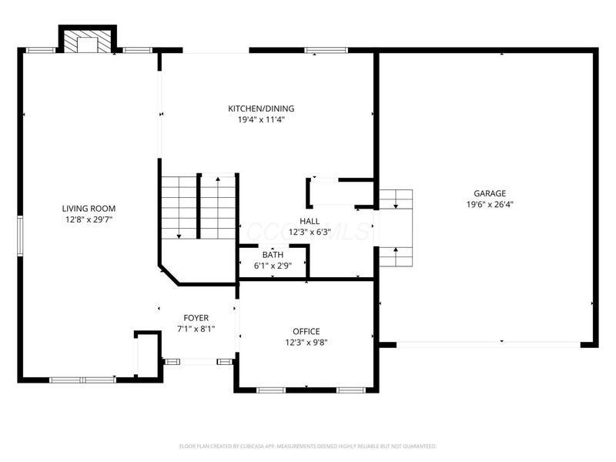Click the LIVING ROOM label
[89, 208]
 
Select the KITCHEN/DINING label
[260, 109]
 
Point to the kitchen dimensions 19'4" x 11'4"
[260, 120]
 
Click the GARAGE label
[490, 193]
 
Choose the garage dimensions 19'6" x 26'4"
[490, 205]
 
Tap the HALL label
[310, 221]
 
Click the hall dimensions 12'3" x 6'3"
[310, 232]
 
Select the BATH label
[273, 255]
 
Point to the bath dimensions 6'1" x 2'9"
[273, 266]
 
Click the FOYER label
[196, 317]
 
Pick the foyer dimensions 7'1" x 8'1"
[196, 329]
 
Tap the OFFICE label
[306, 331]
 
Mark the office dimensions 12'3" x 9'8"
[306, 343]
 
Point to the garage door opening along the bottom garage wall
[487, 343]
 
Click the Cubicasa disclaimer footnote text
[308, 446]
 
